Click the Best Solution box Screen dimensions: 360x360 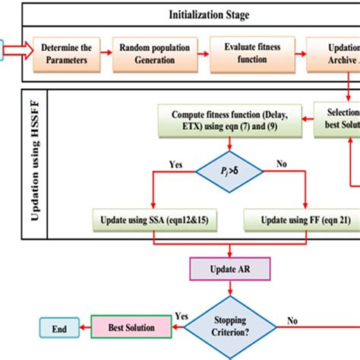(x=129, y=328)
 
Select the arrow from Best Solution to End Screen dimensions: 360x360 (x=84, y=329)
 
